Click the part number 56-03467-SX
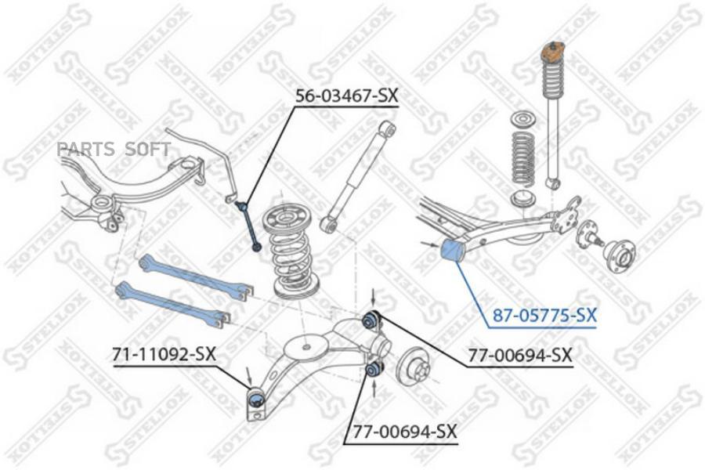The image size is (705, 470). pos(346,96)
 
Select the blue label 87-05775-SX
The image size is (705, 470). pos(544,316)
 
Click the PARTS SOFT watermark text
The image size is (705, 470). pos(114,148)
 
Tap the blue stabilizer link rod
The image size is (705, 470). pos(249,226)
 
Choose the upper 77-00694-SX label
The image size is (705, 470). pos(520,356)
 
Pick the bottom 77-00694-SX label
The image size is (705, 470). pos(404,432)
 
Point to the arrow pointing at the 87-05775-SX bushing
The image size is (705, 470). pos(430,244)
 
